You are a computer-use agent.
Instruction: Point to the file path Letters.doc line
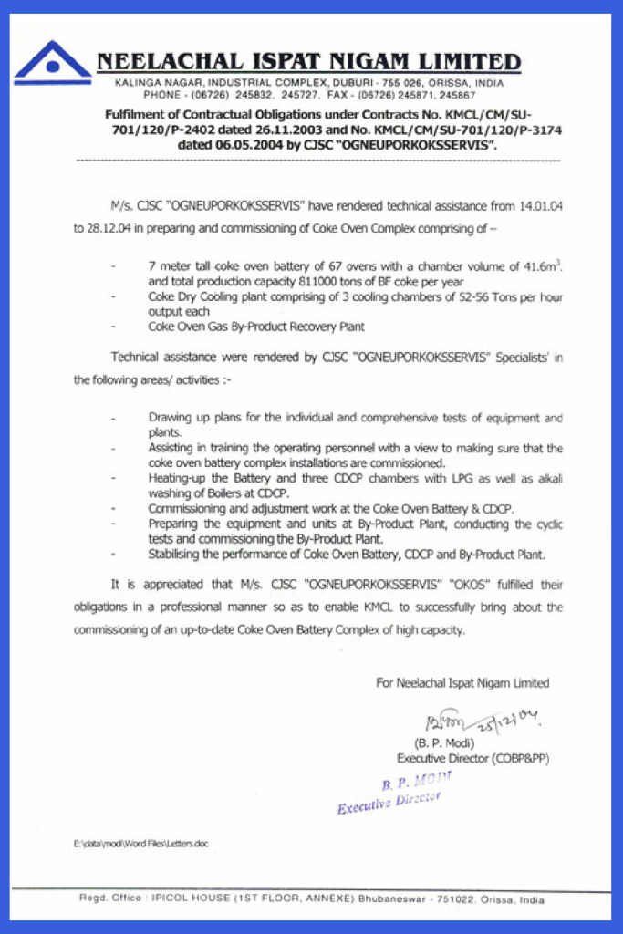pos(140,844)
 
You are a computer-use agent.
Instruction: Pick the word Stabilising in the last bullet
pos(173,554)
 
